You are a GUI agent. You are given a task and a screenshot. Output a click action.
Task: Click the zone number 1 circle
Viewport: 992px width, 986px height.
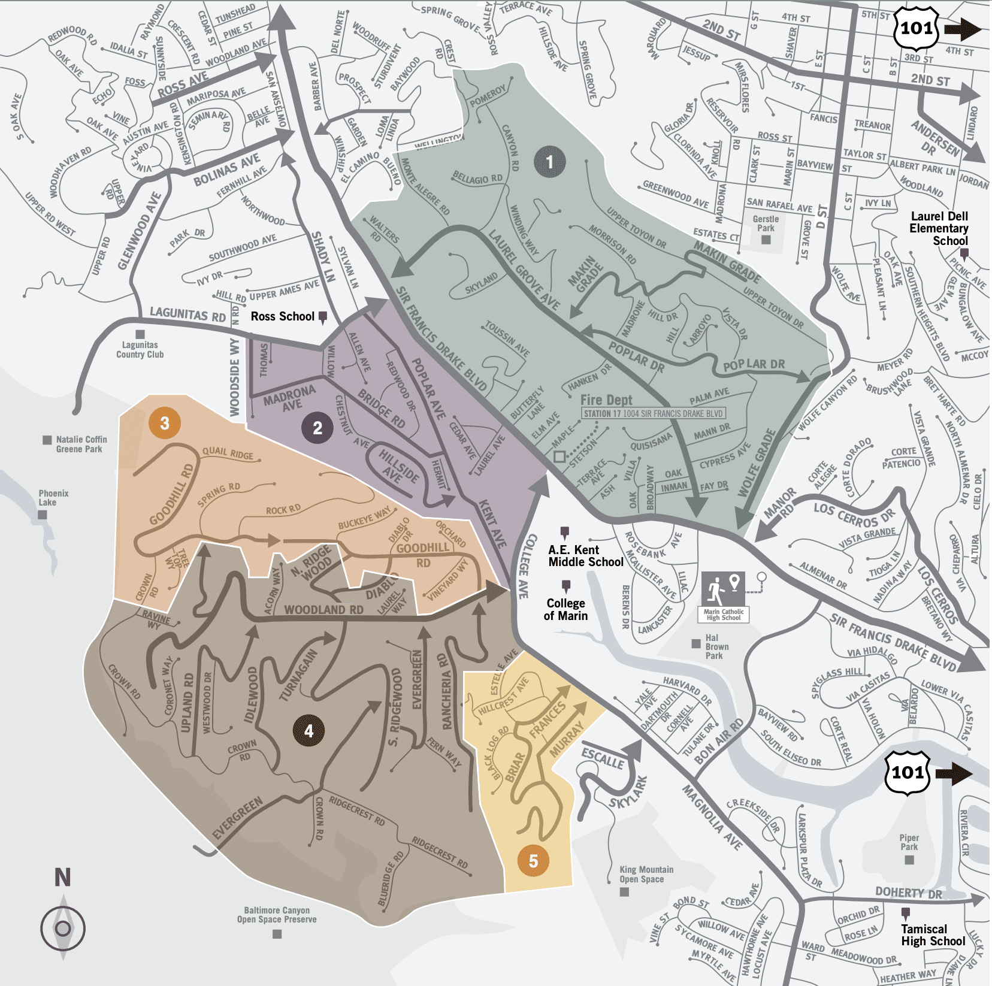[549, 161]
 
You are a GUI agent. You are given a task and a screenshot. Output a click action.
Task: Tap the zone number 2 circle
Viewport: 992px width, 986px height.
[317, 428]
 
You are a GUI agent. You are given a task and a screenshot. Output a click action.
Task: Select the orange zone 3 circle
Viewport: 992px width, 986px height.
[165, 423]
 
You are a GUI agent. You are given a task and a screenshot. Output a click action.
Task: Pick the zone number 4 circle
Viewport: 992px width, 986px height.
[309, 731]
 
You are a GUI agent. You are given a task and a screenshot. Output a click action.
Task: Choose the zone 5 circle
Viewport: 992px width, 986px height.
[533, 861]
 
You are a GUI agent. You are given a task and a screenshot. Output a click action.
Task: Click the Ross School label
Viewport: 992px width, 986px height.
[282, 316]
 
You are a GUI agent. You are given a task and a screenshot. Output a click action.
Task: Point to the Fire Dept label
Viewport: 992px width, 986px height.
[606, 400]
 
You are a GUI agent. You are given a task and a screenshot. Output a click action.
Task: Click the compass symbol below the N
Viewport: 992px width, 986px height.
[63, 928]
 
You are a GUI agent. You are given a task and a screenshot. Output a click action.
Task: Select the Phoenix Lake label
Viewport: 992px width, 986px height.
[53, 498]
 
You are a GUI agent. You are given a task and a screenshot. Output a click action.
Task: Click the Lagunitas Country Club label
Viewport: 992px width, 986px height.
[140, 349]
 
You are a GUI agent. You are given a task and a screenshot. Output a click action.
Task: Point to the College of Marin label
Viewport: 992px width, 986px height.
[565, 609]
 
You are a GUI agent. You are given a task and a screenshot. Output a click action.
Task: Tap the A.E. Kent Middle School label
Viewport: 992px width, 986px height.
[585, 556]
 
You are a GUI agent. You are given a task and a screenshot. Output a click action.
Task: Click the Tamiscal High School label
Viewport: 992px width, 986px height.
[933, 935]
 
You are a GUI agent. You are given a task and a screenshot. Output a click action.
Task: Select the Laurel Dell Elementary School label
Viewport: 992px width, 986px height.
[939, 228]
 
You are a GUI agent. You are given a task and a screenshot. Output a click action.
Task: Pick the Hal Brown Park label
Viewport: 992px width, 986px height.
[716, 646]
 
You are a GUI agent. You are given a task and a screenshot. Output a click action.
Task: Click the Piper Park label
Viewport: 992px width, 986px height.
[909, 842]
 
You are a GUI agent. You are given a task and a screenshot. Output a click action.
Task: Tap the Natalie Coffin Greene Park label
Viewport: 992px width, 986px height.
[81, 444]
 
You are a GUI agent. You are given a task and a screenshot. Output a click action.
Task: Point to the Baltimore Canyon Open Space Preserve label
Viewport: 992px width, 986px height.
[277, 915]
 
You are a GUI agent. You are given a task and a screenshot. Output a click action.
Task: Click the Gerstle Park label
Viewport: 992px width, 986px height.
[766, 223]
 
